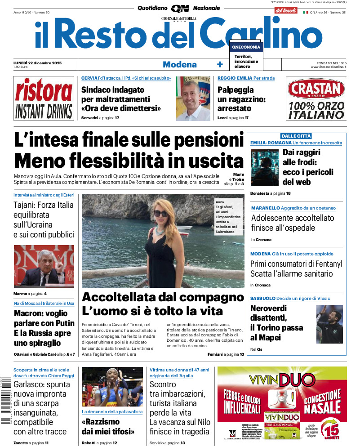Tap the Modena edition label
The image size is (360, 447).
click(x=179, y=64)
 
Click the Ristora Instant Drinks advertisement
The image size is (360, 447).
click(x=43, y=98)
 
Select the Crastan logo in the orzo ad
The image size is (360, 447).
click(x=316, y=89)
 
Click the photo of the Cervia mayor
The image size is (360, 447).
click(x=193, y=98)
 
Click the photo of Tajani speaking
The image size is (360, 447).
click(x=44, y=266)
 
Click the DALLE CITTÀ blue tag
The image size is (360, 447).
click(x=296, y=136)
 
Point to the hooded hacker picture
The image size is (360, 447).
click(x=264, y=168)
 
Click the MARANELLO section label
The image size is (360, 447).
click(x=265, y=208)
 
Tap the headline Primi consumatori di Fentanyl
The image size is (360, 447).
click(x=296, y=264)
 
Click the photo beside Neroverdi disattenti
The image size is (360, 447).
click(x=329, y=324)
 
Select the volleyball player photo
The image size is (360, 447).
click(x=112, y=387)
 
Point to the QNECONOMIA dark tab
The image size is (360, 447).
click(x=245, y=47)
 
